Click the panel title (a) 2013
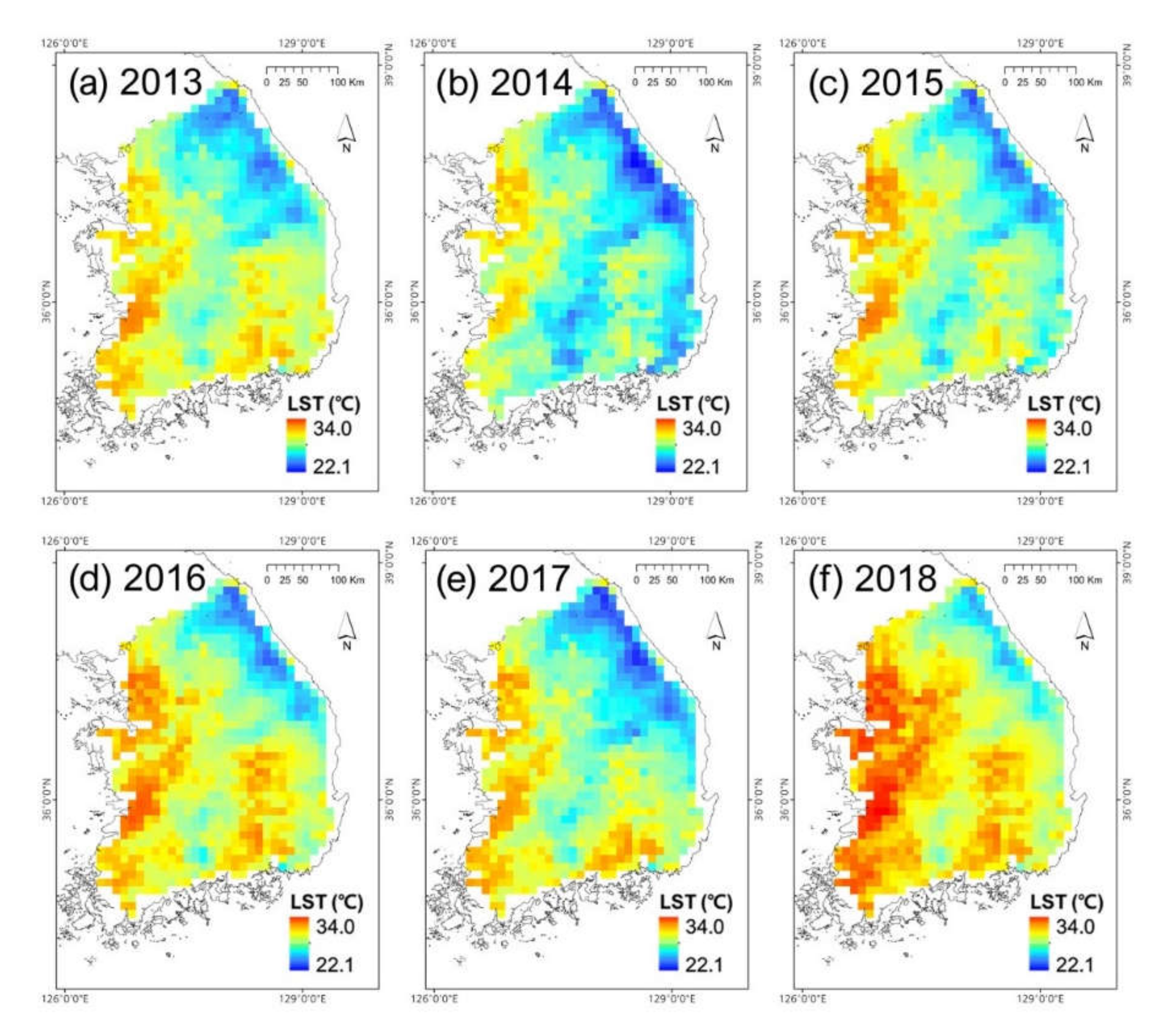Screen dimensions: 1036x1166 135,83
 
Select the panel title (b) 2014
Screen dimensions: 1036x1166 504,83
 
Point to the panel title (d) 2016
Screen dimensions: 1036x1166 137,579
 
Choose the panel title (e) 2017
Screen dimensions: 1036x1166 503,579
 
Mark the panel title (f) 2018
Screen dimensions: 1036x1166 873,579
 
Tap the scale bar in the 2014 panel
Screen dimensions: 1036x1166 671,70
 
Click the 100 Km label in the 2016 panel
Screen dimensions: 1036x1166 347,580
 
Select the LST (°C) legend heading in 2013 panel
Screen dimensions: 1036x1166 324,404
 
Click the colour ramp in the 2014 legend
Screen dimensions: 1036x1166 665,446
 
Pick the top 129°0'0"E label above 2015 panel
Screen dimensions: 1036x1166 1040,43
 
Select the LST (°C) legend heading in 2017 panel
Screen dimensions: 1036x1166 696,902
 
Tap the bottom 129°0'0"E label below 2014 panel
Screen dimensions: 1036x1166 670,501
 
